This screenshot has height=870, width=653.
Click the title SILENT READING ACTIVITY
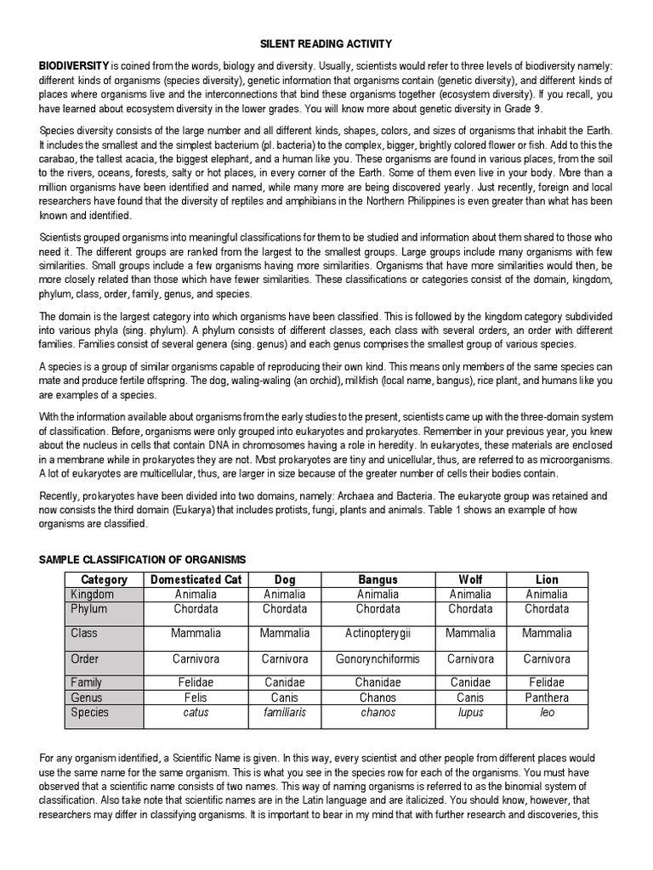click(x=326, y=43)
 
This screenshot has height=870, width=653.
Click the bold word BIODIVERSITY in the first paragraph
click(x=74, y=66)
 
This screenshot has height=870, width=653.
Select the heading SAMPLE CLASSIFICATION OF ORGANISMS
click(x=143, y=559)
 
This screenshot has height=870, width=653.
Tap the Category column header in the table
click(x=104, y=579)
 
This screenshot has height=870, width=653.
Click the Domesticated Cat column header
click(x=196, y=579)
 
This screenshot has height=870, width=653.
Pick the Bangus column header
click(x=378, y=579)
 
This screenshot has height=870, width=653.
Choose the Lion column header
click(x=547, y=579)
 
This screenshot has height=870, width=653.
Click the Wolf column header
click(x=469, y=579)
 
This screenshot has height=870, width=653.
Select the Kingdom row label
click(x=92, y=595)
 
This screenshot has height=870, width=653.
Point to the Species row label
click(x=90, y=712)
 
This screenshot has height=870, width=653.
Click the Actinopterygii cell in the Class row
click(x=378, y=633)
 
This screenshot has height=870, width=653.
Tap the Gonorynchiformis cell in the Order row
click(x=378, y=658)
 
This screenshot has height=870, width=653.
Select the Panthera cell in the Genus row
click(x=547, y=698)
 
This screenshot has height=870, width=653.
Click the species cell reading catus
click(x=196, y=712)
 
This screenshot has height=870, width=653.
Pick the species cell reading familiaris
click(x=285, y=712)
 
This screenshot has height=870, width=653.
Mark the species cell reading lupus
click(x=469, y=712)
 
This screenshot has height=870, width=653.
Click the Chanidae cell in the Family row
click(x=378, y=682)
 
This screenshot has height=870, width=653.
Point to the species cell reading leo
click(x=547, y=712)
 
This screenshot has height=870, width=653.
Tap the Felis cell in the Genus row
click(x=196, y=698)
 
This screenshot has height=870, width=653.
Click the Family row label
click(x=87, y=682)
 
